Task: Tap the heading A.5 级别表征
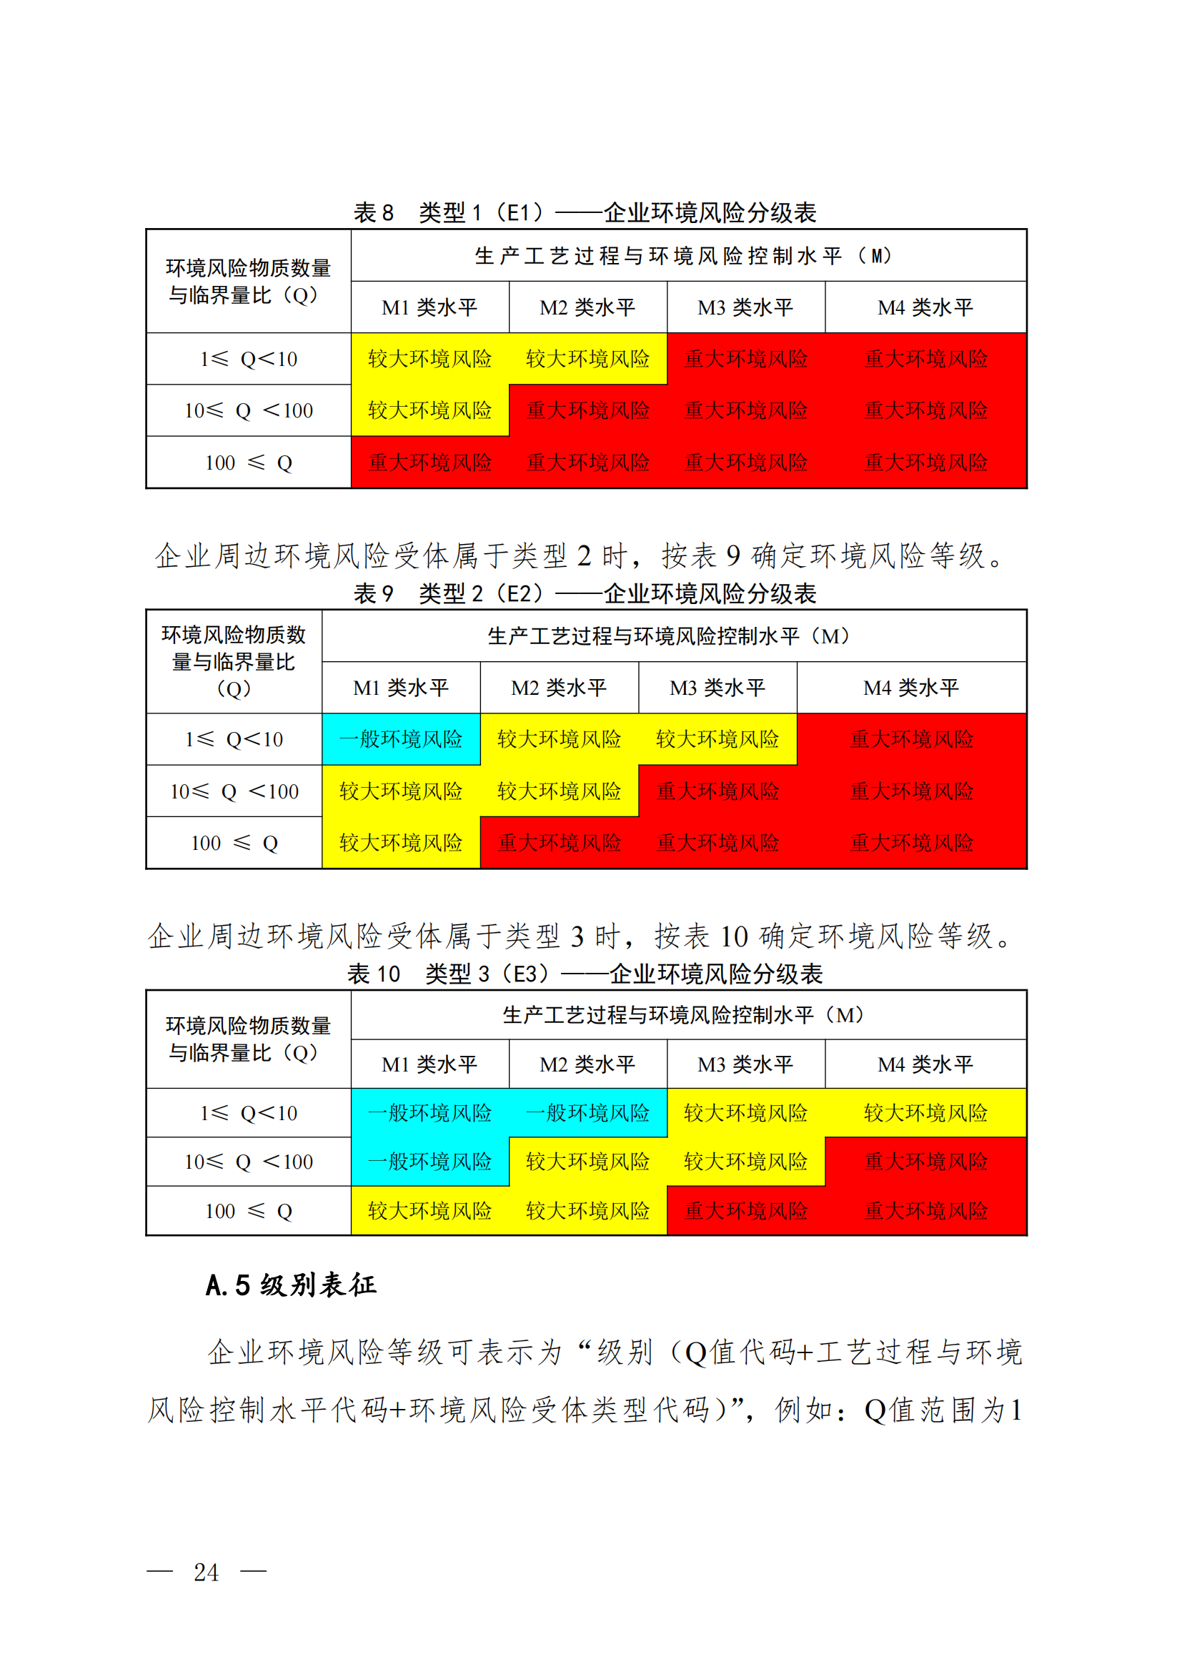tap(291, 1285)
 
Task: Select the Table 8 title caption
tap(585, 212)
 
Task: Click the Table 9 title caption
tap(585, 593)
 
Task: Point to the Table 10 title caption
tap(585, 974)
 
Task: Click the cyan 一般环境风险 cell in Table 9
tap(401, 739)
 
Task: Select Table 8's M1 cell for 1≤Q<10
tap(429, 359)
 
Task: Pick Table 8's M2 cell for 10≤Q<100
tap(587, 411)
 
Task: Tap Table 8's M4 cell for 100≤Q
tap(925, 462)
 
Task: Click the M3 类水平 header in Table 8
tap(745, 307)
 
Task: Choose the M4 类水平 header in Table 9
tap(911, 688)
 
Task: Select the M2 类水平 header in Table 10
tap(587, 1064)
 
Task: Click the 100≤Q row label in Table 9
tap(234, 844)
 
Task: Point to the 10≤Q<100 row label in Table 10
tap(248, 1162)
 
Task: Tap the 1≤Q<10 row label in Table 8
tap(248, 359)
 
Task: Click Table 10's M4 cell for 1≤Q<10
tap(925, 1113)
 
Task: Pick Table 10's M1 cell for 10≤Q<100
tap(429, 1162)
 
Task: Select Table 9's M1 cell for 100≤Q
tap(401, 844)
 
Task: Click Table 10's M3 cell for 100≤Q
tap(745, 1211)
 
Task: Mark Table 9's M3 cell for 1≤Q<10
tap(717, 739)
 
